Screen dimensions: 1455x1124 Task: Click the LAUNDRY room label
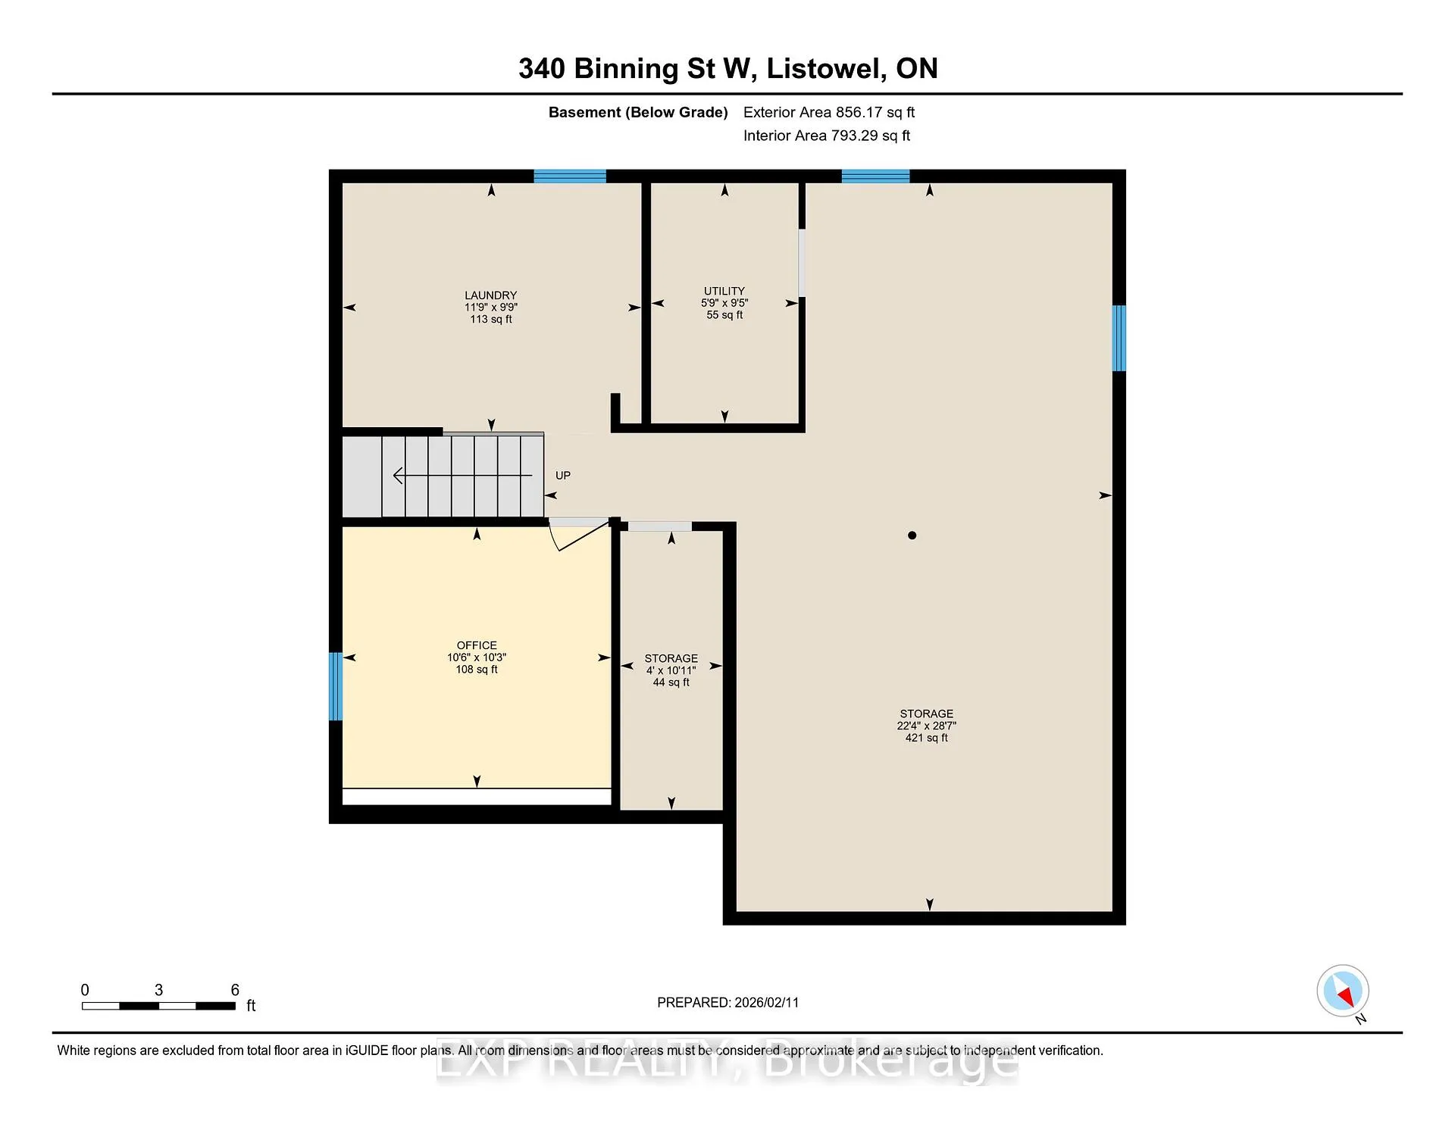click(491, 295)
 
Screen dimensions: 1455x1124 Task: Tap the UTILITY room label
click(724, 291)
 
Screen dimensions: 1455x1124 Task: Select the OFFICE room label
click(477, 645)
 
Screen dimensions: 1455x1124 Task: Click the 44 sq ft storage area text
click(671, 682)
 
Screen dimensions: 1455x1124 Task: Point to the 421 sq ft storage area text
click(927, 738)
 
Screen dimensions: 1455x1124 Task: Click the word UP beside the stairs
click(563, 476)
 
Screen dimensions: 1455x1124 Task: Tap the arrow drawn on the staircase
click(462, 476)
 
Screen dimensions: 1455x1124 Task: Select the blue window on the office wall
click(336, 686)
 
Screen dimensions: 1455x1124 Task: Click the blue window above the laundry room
click(570, 176)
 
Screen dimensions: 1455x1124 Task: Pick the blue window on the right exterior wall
click(1119, 338)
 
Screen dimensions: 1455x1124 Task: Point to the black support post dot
click(912, 535)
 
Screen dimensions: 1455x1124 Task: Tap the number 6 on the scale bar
click(235, 990)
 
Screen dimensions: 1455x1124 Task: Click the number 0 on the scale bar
click(85, 990)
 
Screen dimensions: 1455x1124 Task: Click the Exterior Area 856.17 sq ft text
click(829, 112)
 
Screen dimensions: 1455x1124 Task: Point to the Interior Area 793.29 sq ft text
click(827, 136)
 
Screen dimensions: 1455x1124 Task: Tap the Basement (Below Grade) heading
click(638, 113)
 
